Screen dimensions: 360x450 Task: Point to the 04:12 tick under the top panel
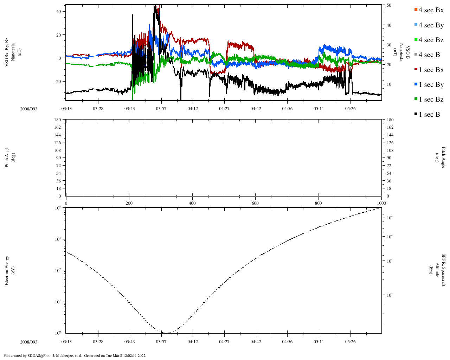point(193,109)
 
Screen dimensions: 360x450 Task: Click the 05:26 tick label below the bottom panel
point(350,342)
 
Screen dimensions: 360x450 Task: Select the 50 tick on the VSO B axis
point(389,5)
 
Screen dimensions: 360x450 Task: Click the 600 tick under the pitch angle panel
point(255,203)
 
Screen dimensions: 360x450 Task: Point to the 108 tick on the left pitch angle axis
point(57,150)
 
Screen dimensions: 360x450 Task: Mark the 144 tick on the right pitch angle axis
point(390,135)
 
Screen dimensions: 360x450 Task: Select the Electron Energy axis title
point(10,270)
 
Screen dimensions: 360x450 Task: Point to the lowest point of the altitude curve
point(166,333)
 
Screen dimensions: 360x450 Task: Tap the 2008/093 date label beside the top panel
point(28,109)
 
